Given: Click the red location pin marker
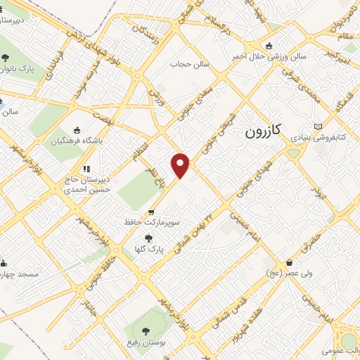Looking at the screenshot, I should pyautogui.click(x=181, y=165).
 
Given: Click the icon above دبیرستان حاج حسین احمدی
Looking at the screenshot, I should pyautogui.click(x=86, y=169).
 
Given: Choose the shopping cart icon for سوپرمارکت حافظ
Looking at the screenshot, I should pyautogui.click(x=151, y=212).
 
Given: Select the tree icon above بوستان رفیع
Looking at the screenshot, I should pyautogui.click(x=146, y=330).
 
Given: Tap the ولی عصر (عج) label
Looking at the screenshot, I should pyautogui.click(x=283, y=272).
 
